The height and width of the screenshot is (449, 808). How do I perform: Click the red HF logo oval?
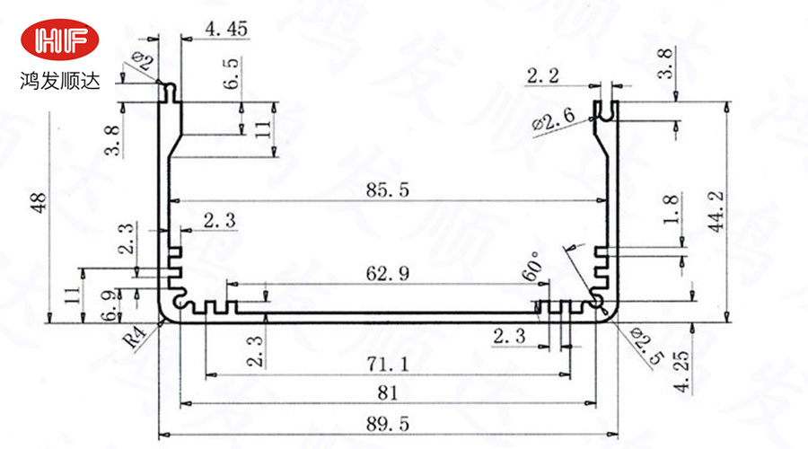(60, 40)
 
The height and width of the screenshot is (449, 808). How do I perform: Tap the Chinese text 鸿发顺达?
(60, 81)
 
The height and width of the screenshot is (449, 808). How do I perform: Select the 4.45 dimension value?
(226, 29)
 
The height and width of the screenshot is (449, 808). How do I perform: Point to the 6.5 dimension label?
(232, 74)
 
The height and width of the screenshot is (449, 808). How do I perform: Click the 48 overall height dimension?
(39, 203)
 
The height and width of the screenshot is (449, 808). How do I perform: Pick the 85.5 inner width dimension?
(388, 190)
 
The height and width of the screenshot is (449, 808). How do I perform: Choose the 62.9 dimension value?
(388, 273)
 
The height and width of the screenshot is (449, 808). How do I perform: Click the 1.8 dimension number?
(670, 209)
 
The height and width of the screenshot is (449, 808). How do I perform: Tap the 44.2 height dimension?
(716, 211)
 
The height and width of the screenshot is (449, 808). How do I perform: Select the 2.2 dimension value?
(542, 76)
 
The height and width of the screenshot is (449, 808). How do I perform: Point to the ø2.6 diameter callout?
(553, 121)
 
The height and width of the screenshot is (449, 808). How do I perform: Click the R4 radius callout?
(136, 339)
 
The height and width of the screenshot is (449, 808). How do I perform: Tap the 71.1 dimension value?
(388, 365)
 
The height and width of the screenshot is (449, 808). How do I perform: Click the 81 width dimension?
(388, 393)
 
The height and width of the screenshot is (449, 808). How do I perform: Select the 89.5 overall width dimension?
(388, 424)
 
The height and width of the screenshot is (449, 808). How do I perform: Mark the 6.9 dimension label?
(110, 305)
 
